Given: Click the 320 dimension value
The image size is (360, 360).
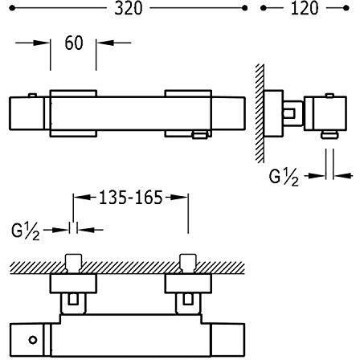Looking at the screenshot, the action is (x=129, y=8).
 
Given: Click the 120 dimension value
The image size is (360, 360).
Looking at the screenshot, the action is (x=305, y=8).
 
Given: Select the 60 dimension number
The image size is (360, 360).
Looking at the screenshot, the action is (x=74, y=43).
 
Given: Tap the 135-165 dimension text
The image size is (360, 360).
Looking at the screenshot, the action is (x=131, y=198).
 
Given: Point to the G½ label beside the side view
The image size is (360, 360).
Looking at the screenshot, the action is (x=284, y=178).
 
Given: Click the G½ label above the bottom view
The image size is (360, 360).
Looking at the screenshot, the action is (x=26, y=231).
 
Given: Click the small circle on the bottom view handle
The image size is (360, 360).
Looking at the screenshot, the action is (x=33, y=340).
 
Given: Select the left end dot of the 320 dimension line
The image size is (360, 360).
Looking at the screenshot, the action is (x=11, y=8).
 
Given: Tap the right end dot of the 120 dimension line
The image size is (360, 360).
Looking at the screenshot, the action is (x=346, y=8).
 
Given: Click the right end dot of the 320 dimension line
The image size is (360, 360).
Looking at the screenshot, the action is (x=244, y=8).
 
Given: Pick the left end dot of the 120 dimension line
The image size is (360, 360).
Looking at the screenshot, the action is (x=263, y=8).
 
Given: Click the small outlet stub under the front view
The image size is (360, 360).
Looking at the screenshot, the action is (x=200, y=135).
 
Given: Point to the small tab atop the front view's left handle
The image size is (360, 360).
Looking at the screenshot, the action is (x=32, y=96).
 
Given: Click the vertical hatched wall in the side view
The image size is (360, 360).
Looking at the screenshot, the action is (x=260, y=113).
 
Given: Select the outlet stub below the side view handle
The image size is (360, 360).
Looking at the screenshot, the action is (x=329, y=134).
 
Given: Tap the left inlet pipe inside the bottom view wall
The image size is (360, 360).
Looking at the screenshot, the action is (x=73, y=264).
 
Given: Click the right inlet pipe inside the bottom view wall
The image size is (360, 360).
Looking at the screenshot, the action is (x=188, y=264).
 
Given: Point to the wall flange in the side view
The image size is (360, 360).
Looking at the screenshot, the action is (x=273, y=113).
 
